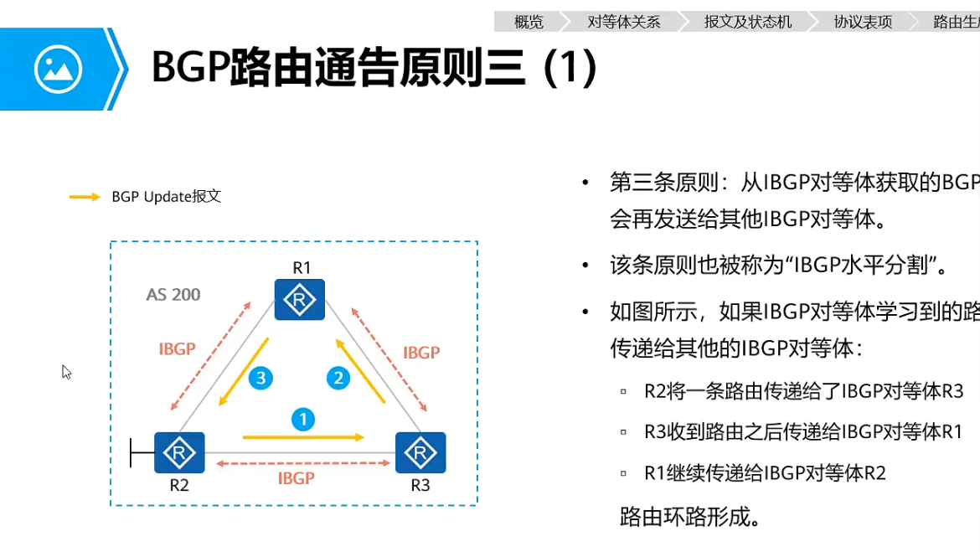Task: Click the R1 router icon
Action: point(300,299)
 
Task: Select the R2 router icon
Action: point(179,452)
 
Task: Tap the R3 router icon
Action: point(420,452)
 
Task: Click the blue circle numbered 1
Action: point(303,419)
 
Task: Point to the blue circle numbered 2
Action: point(338,378)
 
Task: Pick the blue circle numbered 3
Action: point(260,378)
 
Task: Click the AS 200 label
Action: point(173,295)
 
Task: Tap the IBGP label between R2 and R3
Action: point(296,478)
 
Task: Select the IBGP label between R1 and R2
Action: point(177,349)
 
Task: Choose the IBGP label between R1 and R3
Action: point(421,353)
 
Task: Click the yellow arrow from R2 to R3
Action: point(303,437)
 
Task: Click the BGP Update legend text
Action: point(166,197)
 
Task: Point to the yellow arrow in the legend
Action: point(85,197)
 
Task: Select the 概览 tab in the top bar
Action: point(529,22)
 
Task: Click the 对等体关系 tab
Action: point(624,22)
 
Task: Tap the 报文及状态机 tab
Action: point(748,22)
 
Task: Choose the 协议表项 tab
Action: point(863,22)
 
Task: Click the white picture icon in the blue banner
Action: point(58,69)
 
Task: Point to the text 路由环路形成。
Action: point(691,516)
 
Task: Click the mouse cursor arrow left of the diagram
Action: point(66,371)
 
